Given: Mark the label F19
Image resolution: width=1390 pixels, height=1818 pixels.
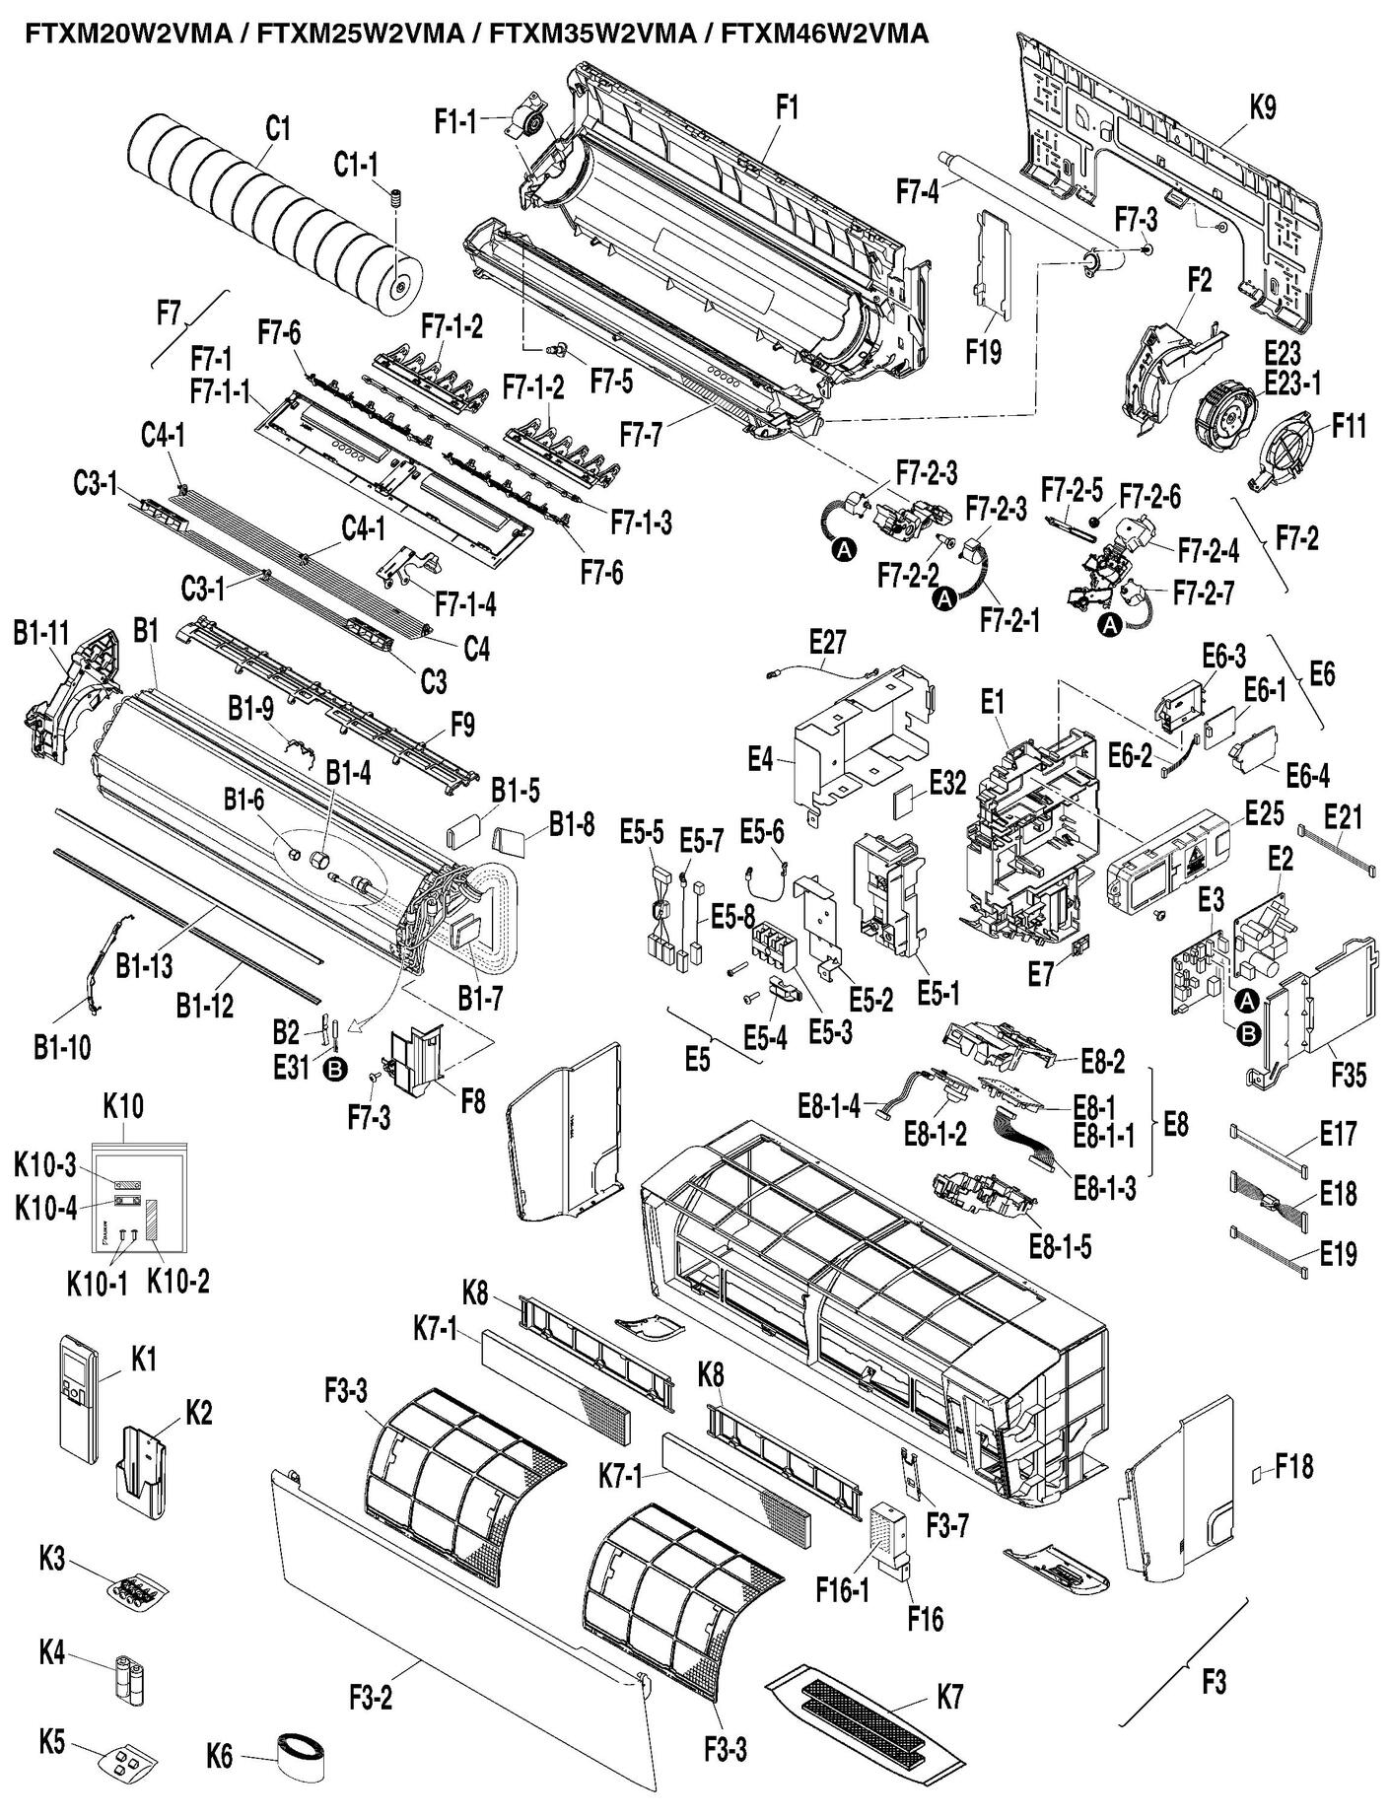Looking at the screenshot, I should point(983,353).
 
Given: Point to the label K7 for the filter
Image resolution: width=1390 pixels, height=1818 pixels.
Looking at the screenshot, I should point(949,1696).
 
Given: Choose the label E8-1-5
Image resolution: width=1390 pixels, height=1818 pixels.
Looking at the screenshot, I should point(1059,1246).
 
